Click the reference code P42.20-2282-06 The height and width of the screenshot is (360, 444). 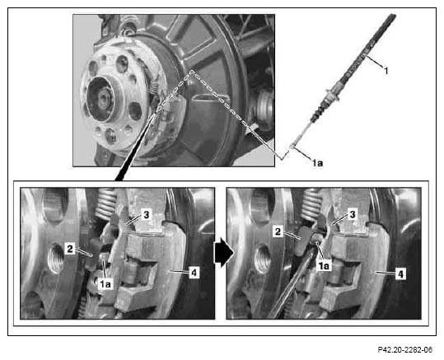click(405, 350)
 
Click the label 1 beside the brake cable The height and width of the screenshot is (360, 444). click(386, 70)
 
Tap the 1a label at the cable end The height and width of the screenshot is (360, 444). click(317, 163)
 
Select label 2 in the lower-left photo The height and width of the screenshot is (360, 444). click(70, 249)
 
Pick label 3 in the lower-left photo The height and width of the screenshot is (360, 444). click(146, 215)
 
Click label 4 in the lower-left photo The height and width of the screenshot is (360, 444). click(194, 273)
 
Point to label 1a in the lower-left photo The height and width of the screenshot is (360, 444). click(105, 284)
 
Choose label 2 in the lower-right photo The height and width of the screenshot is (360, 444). click(278, 231)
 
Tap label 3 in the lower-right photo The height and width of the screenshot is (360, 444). click(353, 214)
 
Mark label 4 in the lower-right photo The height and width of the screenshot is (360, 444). click(400, 274)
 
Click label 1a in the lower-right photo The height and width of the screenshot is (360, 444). click(324, 266)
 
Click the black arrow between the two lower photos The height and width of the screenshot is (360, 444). click(224, 252)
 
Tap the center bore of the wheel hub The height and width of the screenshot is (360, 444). click(100, 99)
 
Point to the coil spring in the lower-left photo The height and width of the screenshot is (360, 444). click(105, 204)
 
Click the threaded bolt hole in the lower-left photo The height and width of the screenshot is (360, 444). click(56, 259)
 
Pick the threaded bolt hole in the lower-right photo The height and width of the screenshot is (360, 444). click(262, 259)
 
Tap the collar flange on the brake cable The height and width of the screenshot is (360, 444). click(332, 95)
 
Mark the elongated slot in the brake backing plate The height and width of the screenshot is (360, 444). click(211, 98)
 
